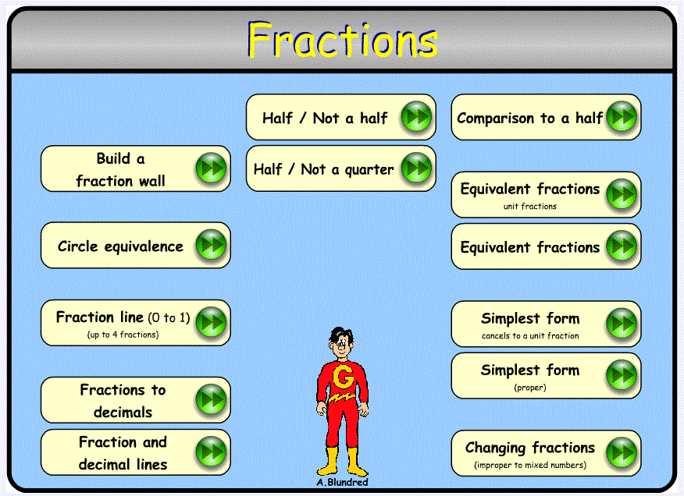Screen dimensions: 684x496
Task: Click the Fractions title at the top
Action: pos(343,40)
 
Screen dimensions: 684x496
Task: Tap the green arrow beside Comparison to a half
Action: pos(622,117)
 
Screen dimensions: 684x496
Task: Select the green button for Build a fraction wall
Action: pos(211,168)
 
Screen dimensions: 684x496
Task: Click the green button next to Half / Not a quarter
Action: pos(417,168)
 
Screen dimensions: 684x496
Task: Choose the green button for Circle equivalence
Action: pos(211,245)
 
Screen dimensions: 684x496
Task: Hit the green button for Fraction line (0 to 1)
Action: pos(211,323)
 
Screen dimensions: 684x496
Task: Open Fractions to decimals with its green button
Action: pos(211,399)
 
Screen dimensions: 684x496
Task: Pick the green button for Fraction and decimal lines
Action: pos(211,452)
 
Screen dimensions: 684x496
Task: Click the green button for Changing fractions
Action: pos(622,453)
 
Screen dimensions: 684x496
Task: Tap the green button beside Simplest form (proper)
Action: pos(622,375)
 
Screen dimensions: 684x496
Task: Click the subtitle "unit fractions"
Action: pos(530,206)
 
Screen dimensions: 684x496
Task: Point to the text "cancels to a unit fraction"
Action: pos(530,335)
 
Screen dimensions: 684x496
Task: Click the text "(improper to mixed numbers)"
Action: pos(530,465)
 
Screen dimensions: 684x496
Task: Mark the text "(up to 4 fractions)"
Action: pos(123,335)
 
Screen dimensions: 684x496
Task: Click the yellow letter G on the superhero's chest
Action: pos(343,377)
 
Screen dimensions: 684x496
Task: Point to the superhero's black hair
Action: pos(340,335)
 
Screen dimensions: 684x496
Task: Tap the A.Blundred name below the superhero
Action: pos(343,483)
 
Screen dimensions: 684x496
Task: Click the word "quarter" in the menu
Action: pos(369,170)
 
